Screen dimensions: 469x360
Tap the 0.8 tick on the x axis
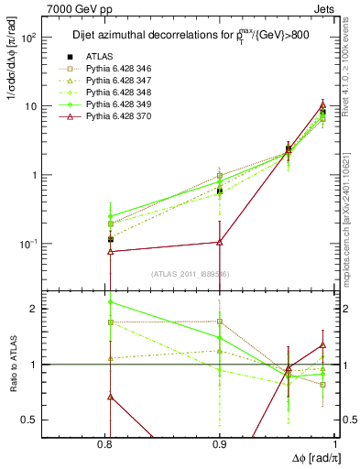(110, 443)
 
